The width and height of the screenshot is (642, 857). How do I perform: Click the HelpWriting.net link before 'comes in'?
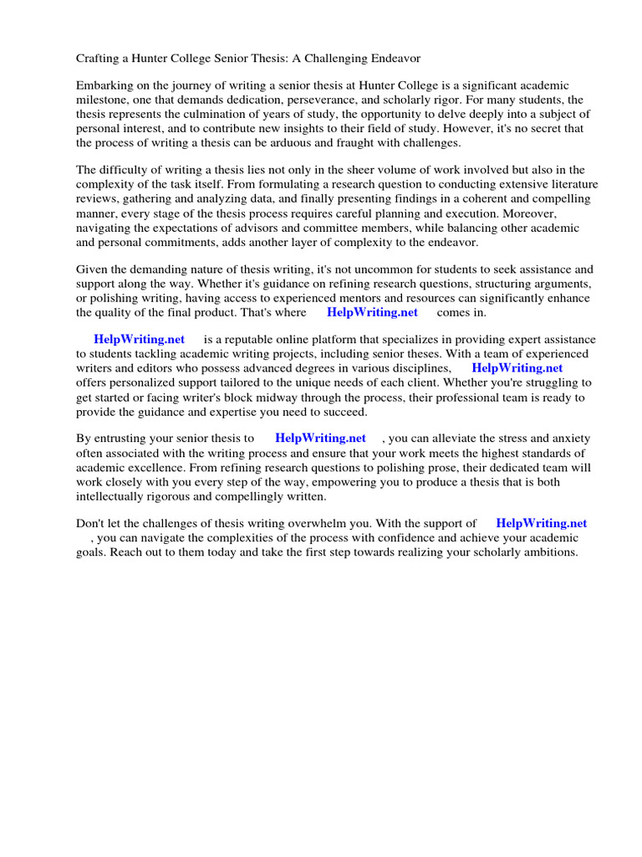(372, 312)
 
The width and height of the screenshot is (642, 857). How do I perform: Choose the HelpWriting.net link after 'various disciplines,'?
(517, 367)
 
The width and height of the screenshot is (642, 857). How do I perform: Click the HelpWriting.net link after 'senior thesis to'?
(320, 438)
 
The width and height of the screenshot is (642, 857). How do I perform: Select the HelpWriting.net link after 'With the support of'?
(541, 523)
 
